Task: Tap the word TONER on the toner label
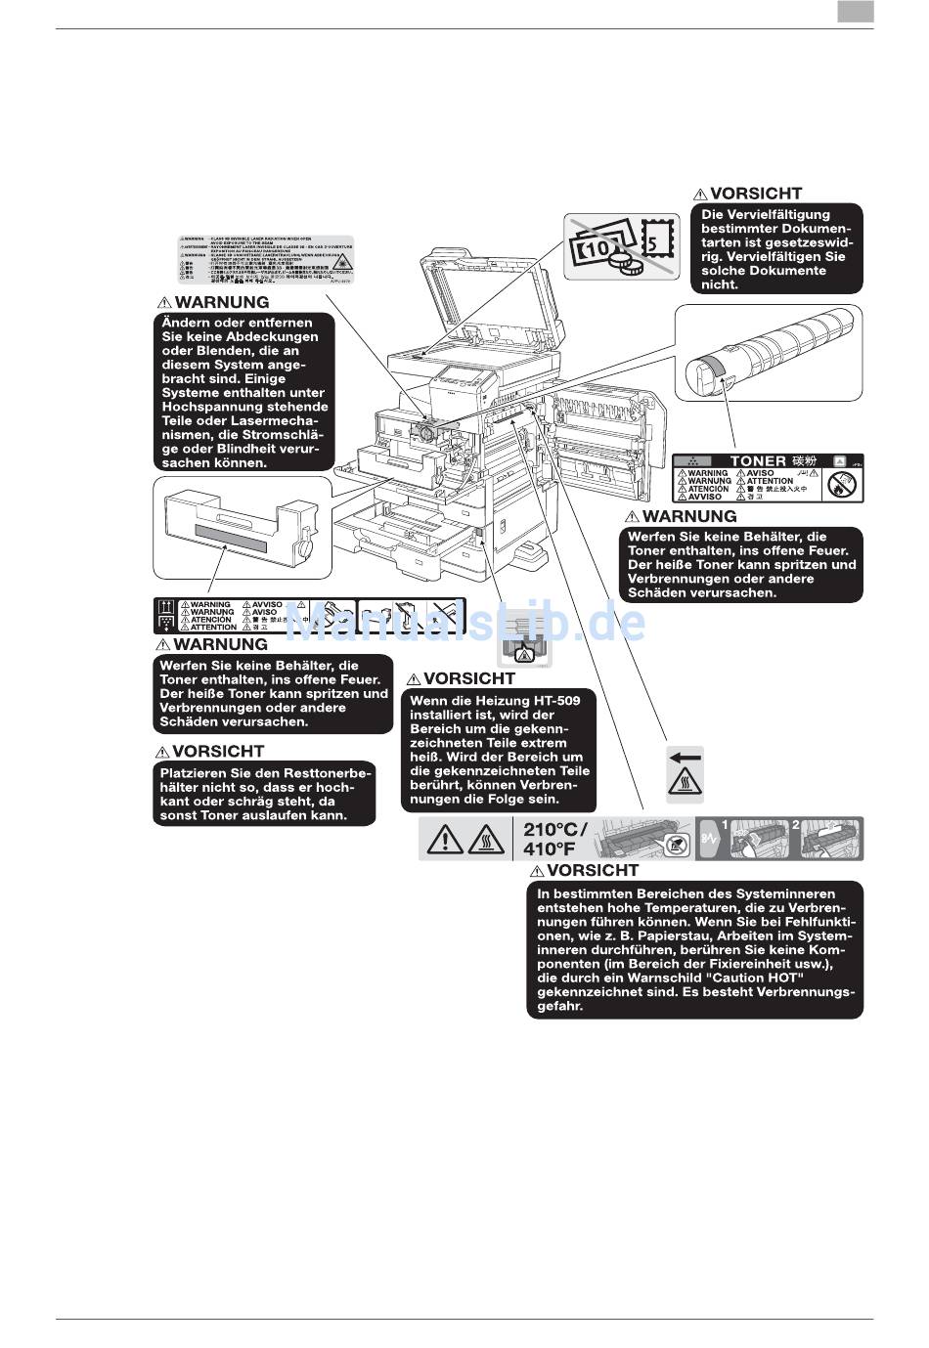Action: [758, 460]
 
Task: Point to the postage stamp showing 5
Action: [655, 237]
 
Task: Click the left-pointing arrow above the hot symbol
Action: [685, 756]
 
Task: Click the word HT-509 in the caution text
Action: [556, 700]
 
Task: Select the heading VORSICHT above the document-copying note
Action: [755, 194]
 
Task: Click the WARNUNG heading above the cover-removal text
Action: [221, 302]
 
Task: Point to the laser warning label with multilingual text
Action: [265, 259]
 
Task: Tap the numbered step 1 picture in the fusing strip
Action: [759, 839]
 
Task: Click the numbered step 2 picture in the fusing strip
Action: [830, 839]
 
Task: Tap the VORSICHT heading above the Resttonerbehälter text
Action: [217, 751]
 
